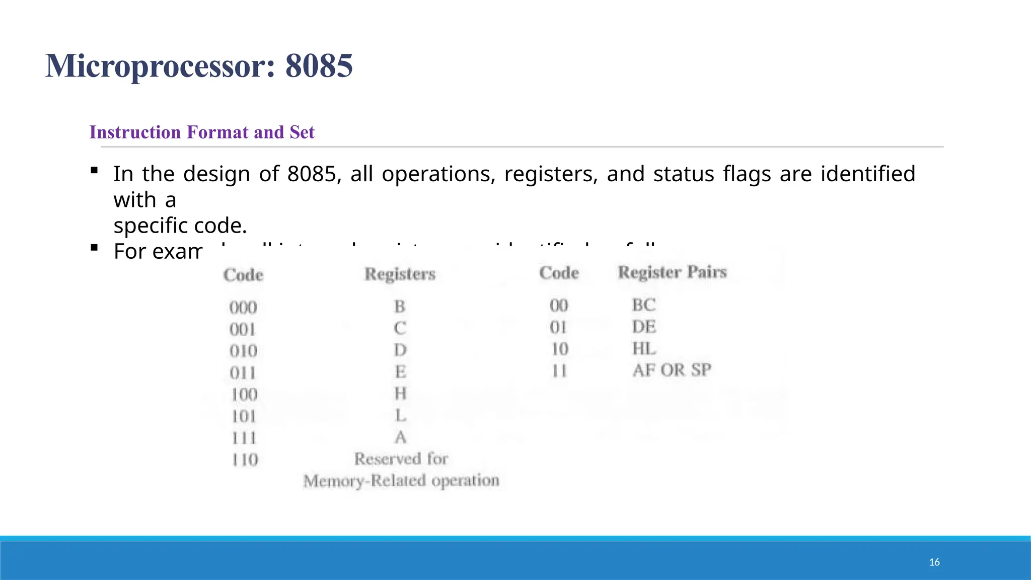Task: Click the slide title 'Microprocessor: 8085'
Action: click(x=199, y=66)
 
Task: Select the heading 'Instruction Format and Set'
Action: click(x=202, y=132)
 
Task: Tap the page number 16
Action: click(x=934, y=562)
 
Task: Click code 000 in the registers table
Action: click(x=243, y=307)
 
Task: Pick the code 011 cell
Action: click(x=243, y=373)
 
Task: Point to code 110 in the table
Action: click(x=245, y=460)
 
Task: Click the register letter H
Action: click(x=400, y=393)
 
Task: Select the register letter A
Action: click(x=400, y=437)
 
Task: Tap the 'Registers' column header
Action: click(x=400, y=274)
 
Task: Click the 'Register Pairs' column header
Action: click(x=673, y=272)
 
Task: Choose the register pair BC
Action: click(x=644, y=305)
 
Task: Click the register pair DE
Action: click(x=644, y=327)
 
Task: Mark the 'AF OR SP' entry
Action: click(x=672, y=370)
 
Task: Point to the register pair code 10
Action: click(x=559, y=348)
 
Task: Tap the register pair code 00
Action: click(x=559, y=305)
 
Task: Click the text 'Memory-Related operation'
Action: click(x=401, y=481)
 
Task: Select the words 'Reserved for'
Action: click(x=401, y=459)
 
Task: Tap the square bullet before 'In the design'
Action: click(x=94, y=171)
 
